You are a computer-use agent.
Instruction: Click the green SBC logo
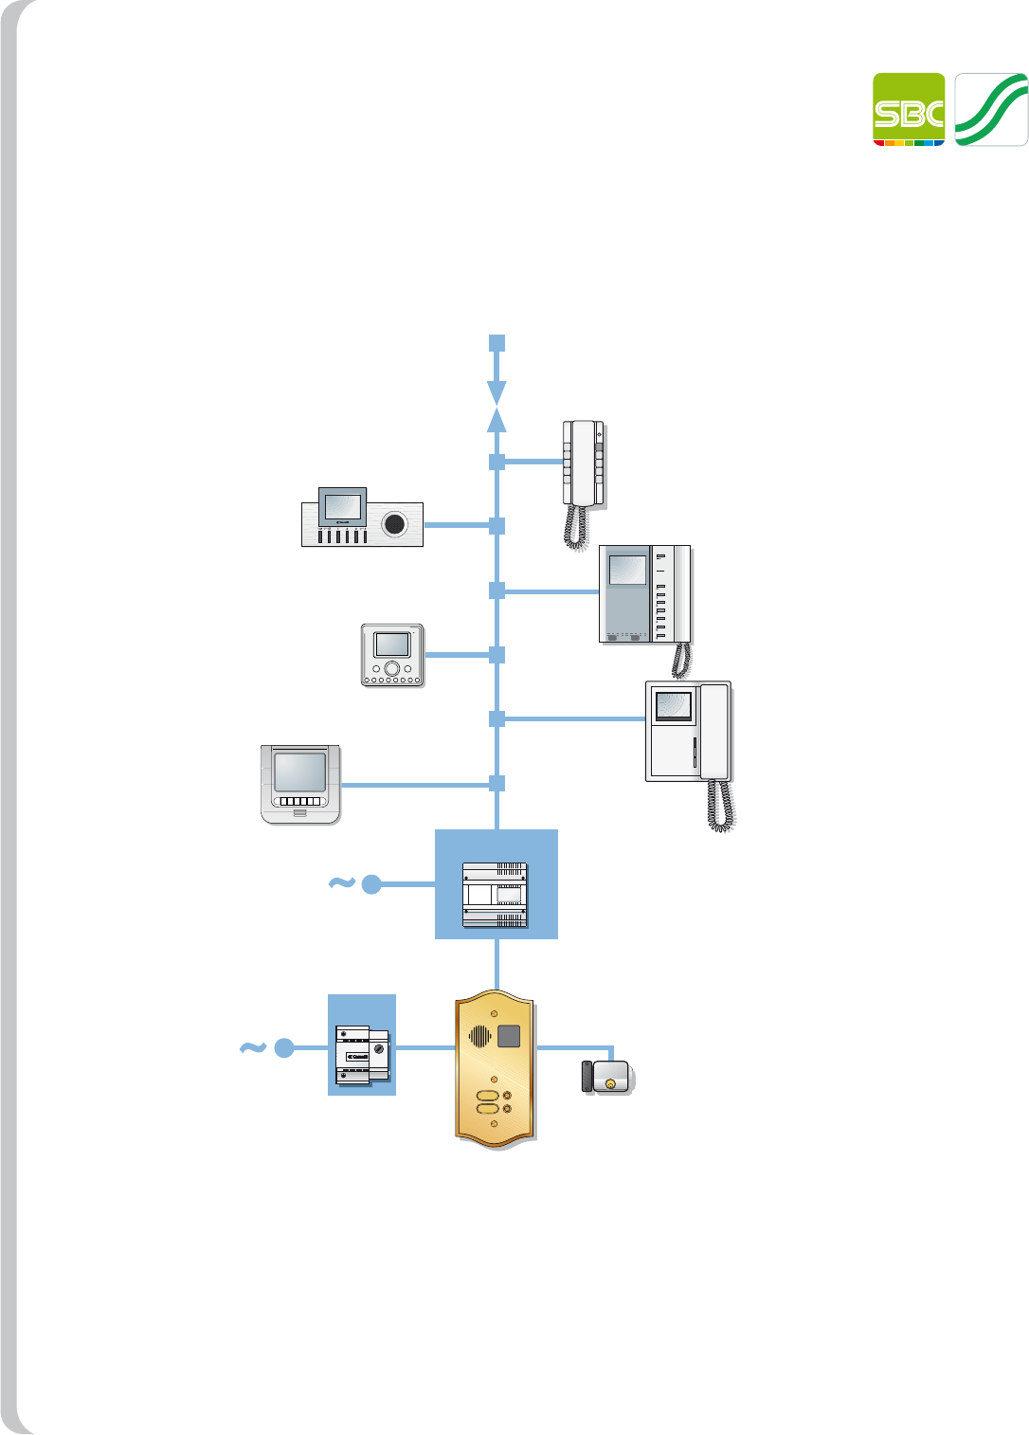pyautogui.click(x=909, y=109)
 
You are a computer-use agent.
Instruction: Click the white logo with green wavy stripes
pyautogui.click(x=990, y=109)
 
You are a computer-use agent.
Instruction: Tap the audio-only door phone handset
pyautogui.click(x=584, y=464)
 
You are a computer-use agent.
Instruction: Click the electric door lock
pyautogui.click(x=607, y=1078)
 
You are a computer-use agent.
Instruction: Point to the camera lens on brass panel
pyautogui.click(x=509, y=1035)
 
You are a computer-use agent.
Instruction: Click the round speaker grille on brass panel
pyautogui.click(x=480, y=1036)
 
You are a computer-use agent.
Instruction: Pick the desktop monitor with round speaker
pyautogui.click(x=362, y=518)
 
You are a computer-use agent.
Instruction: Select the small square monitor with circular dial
pyautogui.click(x=392, y=655)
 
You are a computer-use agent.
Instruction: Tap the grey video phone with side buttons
pyautogui.click(x=644, y=594)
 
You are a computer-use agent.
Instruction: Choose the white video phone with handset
pyautogui.click(x=688, y=731)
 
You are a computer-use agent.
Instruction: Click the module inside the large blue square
pyautogui.click(x=495, y=895)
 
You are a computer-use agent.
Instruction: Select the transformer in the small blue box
pyautogui.click(x=362, y=1054)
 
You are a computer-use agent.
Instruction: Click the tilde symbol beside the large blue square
pyautogui.click(x=341, y=883)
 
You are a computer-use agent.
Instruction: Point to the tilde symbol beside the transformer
pyautogui.click(x=252, y=1047)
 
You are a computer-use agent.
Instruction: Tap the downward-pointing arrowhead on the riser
pyautogui.click(x=496, y=391)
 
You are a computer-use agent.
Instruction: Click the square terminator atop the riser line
pyautogui.click(x=496, y=343)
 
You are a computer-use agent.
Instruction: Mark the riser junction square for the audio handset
pyautogui.click(x=496, y=462)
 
